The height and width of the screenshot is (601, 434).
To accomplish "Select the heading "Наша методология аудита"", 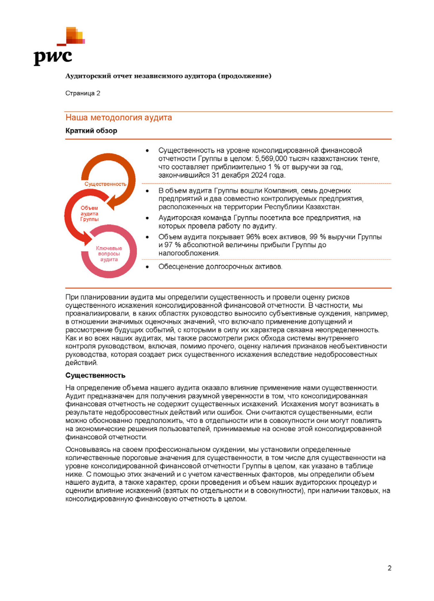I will (119, 118).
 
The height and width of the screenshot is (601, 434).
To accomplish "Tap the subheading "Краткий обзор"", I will (91, 131).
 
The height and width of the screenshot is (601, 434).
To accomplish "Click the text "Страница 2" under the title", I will (83, 93).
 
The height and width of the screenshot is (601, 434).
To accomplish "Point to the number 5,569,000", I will (271, 159).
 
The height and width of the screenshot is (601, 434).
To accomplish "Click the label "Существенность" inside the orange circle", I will (105, 184).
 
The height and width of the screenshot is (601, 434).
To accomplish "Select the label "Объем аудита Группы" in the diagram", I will (89, 214).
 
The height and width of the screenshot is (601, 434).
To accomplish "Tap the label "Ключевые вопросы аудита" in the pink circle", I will (109, 254).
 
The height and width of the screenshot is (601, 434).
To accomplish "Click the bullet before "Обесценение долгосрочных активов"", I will (147, 267).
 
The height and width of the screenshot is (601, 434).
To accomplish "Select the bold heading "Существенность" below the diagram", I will (95, 375).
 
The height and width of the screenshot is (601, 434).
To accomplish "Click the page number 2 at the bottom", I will (389, 568).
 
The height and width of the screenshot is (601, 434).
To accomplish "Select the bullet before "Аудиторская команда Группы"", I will (147, 218).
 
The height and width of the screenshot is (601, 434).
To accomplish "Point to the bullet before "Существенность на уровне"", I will (147, 150).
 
